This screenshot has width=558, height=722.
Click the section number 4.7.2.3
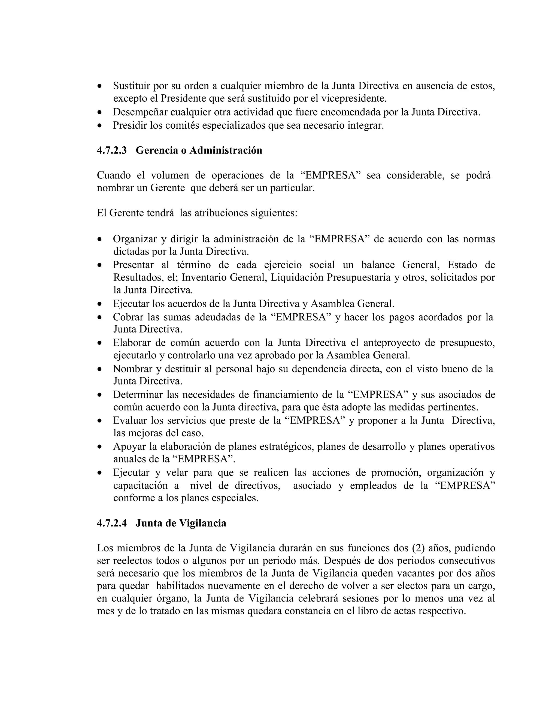(112, 150)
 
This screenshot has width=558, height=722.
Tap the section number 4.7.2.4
(112, 523)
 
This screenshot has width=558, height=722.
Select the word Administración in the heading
(226, 150)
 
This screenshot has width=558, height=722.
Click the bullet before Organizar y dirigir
(100, 239)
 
